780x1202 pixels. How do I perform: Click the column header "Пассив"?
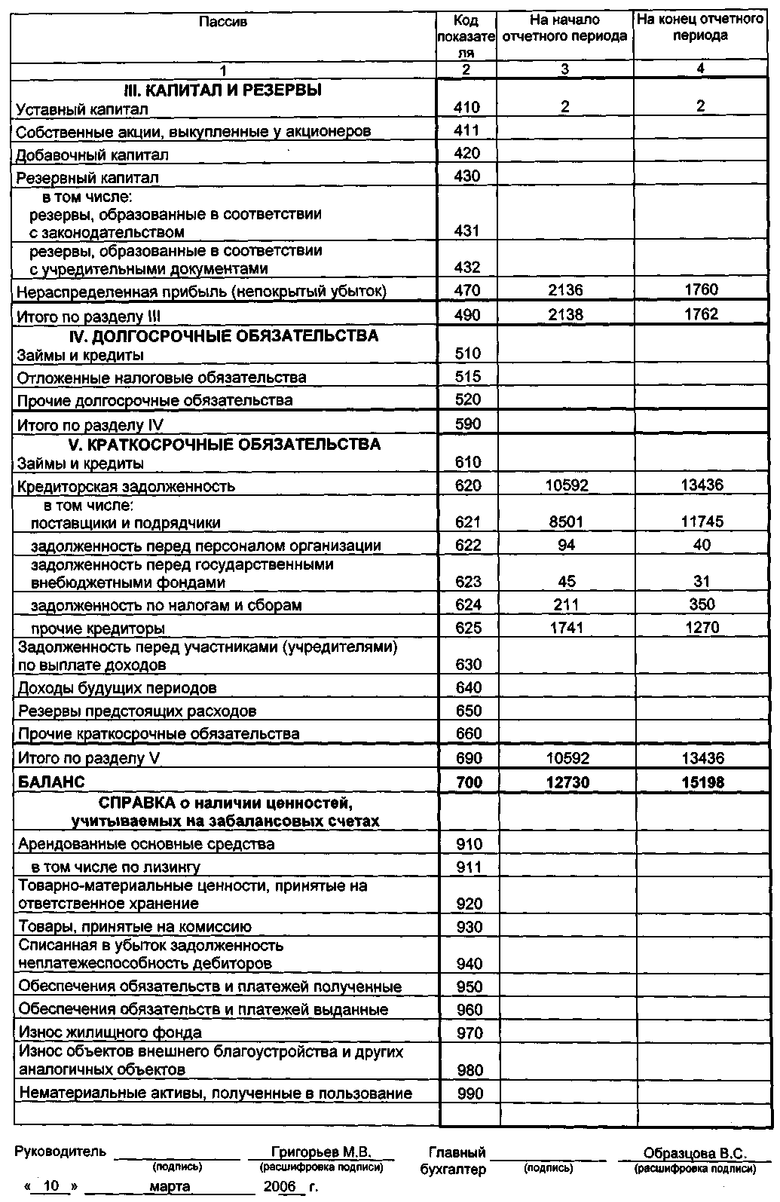click(x=223, y=22)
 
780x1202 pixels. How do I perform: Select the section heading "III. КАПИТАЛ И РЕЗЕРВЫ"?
click(x=222, y=90)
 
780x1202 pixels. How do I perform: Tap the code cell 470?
click(x=467, y=291)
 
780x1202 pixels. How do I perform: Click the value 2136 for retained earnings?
click(x=565, y=291)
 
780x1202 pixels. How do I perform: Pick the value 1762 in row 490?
click(x=701, y=314)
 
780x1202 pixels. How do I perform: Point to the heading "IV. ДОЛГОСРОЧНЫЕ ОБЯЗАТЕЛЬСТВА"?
click(x=223, y=336)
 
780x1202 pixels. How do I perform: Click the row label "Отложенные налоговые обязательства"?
click(x=161, y=378)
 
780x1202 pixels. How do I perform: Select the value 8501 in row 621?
click(x=566, y=522)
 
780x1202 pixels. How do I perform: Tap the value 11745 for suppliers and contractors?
click(x=701, y=522)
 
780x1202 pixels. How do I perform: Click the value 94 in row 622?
click(x=567, y=545)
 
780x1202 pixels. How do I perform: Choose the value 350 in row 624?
click(x=702, y=604)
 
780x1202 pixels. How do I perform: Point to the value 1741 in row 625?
click(x=567, y=628)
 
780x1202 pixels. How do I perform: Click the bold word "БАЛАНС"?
click(x=51, y=782)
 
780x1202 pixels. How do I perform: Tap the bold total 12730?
click(x=567, y=782)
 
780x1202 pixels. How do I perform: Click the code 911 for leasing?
click(x=469, y=867)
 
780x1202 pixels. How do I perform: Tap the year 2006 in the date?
click(x=280, y=1186)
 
